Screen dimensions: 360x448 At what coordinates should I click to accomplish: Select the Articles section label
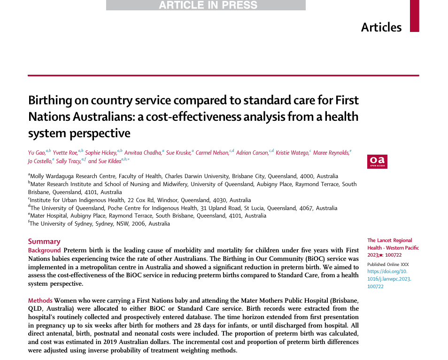point(381,27)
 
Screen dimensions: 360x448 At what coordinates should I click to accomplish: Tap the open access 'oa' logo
point(377,161)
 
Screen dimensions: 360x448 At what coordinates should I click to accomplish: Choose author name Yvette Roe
point(65,152)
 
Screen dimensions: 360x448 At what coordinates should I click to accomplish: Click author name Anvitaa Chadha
point(143,152)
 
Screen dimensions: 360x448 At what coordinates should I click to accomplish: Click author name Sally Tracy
point(68,161)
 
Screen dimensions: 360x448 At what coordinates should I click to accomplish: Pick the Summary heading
point(44,242)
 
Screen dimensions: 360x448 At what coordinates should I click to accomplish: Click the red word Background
point(44,250)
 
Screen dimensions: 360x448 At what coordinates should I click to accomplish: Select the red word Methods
point(40,300)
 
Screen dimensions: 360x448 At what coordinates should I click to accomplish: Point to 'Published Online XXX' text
point(388,264)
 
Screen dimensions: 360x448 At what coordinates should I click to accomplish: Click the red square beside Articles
point(414,16)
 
